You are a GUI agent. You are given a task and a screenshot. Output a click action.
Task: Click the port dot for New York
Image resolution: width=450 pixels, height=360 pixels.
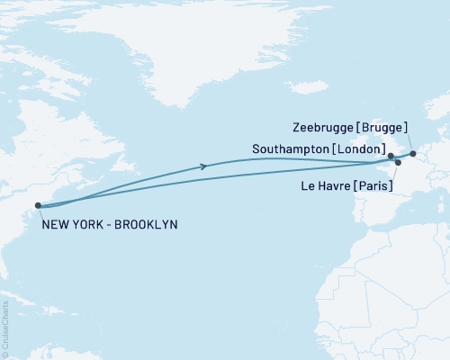[38, 206]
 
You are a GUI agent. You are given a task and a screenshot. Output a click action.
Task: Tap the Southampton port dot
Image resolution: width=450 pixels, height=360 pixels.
[391, 157]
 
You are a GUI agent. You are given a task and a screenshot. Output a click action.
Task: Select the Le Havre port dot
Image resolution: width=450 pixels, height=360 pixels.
[398, 163]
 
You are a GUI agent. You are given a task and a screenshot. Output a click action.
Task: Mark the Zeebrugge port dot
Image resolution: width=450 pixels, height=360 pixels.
[413, 154]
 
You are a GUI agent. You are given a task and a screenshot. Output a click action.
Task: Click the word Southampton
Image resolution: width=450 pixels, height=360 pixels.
[290, 148]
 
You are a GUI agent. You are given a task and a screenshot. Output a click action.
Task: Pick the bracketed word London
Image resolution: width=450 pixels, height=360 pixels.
[358, 148]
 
